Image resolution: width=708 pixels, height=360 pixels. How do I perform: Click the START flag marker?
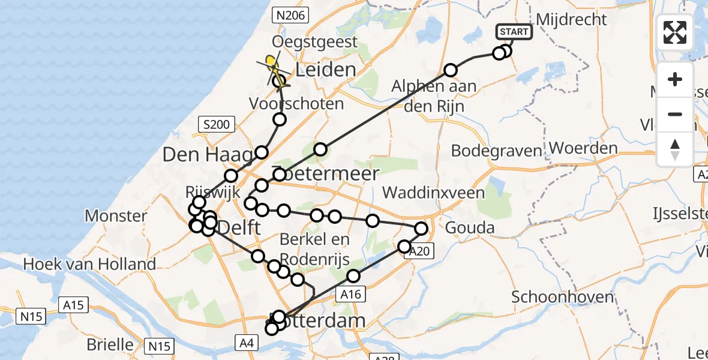tap(514, 32)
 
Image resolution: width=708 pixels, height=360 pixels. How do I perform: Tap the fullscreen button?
tap(675, 32)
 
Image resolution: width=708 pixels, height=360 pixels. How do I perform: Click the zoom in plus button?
tap(675, 79)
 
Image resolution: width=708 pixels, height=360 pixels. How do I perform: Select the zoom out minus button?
tap(675, 114)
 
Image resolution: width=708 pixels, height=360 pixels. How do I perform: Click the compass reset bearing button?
tap(675, 149)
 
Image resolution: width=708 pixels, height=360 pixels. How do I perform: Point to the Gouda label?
tap(470, 227)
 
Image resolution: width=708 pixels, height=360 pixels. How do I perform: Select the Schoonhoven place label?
tap(562, 296)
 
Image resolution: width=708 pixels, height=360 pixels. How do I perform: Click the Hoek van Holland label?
tap(89, 263)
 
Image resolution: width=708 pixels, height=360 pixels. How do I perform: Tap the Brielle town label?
tap(110, 344)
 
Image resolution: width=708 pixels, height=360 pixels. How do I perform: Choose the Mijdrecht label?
tap(571, 19)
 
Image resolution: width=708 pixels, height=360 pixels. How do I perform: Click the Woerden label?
tap(583, 148)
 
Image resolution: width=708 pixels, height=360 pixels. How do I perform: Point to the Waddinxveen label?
tap(433, 193)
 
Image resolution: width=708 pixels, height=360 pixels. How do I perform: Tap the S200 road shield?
tap(215, 125)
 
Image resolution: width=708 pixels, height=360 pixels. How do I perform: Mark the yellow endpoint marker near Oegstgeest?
tap(271, 61)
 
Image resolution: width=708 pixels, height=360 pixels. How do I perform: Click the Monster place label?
tap(116, 215)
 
